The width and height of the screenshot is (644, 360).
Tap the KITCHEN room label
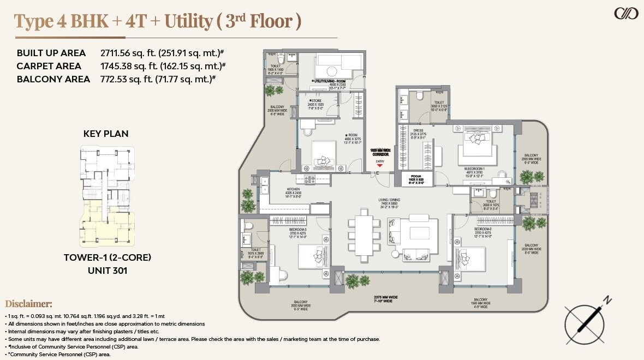click(294, 190)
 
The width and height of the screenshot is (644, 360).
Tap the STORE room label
click(316, 101)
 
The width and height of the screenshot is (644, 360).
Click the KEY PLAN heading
click(106, 134)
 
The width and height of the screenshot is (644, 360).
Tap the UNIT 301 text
click(107, 270)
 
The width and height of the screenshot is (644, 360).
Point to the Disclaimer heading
click(28, 304)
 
